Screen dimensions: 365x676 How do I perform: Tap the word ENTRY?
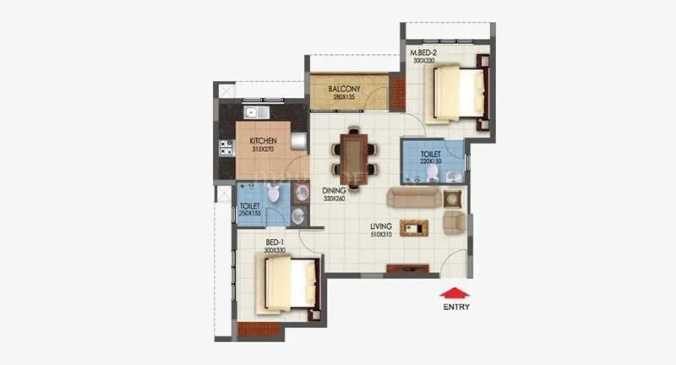click(x=456, y=308)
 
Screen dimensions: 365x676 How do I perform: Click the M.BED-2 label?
click(x=422, y=53)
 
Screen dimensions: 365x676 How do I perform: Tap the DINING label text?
click(x=335, y=191)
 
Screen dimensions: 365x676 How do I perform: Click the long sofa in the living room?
click(x=412, y=198)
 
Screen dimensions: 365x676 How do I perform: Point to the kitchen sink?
click(x=254, y=112)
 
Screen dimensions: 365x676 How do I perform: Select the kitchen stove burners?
click(x=226, y=149)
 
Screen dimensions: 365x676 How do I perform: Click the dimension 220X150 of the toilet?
click(x=432, y=162)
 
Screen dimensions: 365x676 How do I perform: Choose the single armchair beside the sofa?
click(x=455, y=222)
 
